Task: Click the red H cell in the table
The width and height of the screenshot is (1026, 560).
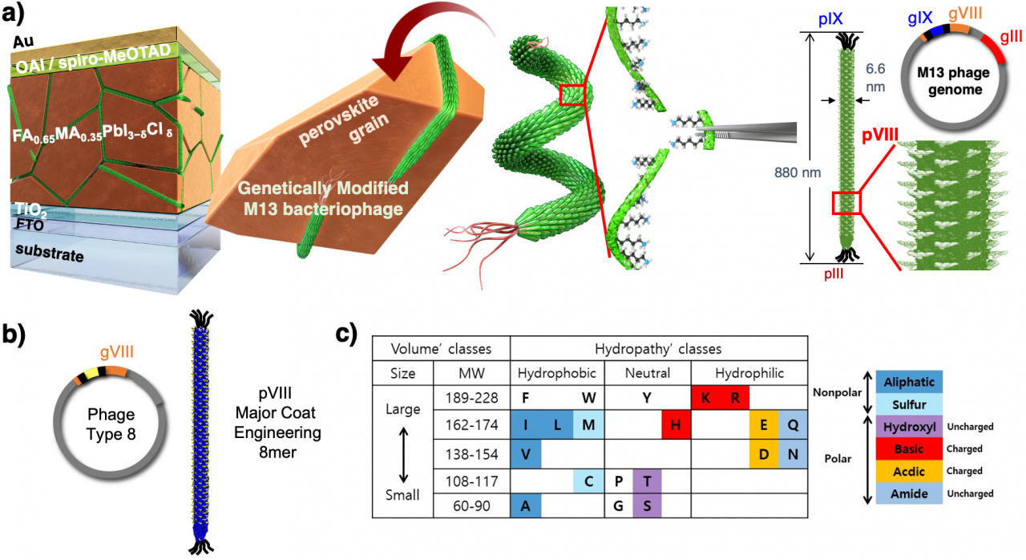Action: pyautogui.click(x=676, y=424)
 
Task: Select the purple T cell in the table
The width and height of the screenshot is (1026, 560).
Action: pyautogui.click(x=647, y=481)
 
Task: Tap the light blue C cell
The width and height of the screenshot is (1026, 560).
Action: pyautogui.click(x=588, y=481)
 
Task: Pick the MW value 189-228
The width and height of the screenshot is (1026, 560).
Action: pyautogui.click(x=472, y=398)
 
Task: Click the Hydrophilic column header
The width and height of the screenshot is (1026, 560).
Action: pyautogui.click(x=749, y=374)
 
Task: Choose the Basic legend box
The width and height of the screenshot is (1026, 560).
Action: pyautogui.click(x=909, y=448)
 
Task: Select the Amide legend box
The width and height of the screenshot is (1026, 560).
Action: pyautogui.click(x=909, y=493)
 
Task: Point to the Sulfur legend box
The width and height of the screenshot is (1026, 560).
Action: pyautogui.click(x=909, y=404)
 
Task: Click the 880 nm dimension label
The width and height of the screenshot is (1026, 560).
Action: pyautogui.click(x=798, y=172)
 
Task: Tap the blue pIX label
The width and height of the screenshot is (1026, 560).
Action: pyautogui.click(x=830, y=19)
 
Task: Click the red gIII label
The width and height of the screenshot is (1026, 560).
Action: pyautogui.click(x=1011, y=37)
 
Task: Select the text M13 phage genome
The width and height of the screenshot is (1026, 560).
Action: pyautogui.click(x=955, y=81)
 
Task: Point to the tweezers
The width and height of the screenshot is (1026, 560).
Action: pyautogui.click(x=746, y=132)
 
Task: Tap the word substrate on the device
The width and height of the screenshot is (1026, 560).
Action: pyautogui.click(x=50, y=253)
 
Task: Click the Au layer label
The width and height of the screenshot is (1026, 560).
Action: pyautogui.click(x=23, y=42)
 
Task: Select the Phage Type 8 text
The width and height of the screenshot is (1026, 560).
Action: pyautogui.click(x=111, y=424)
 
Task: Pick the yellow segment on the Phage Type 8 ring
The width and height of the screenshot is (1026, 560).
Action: pyautogui.click(x=91, y=372)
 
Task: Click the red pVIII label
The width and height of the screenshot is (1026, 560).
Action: pyautogui.click(x=880, y=136)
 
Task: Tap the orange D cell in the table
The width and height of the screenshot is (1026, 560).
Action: pyautogui.click(x=764, y=454)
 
